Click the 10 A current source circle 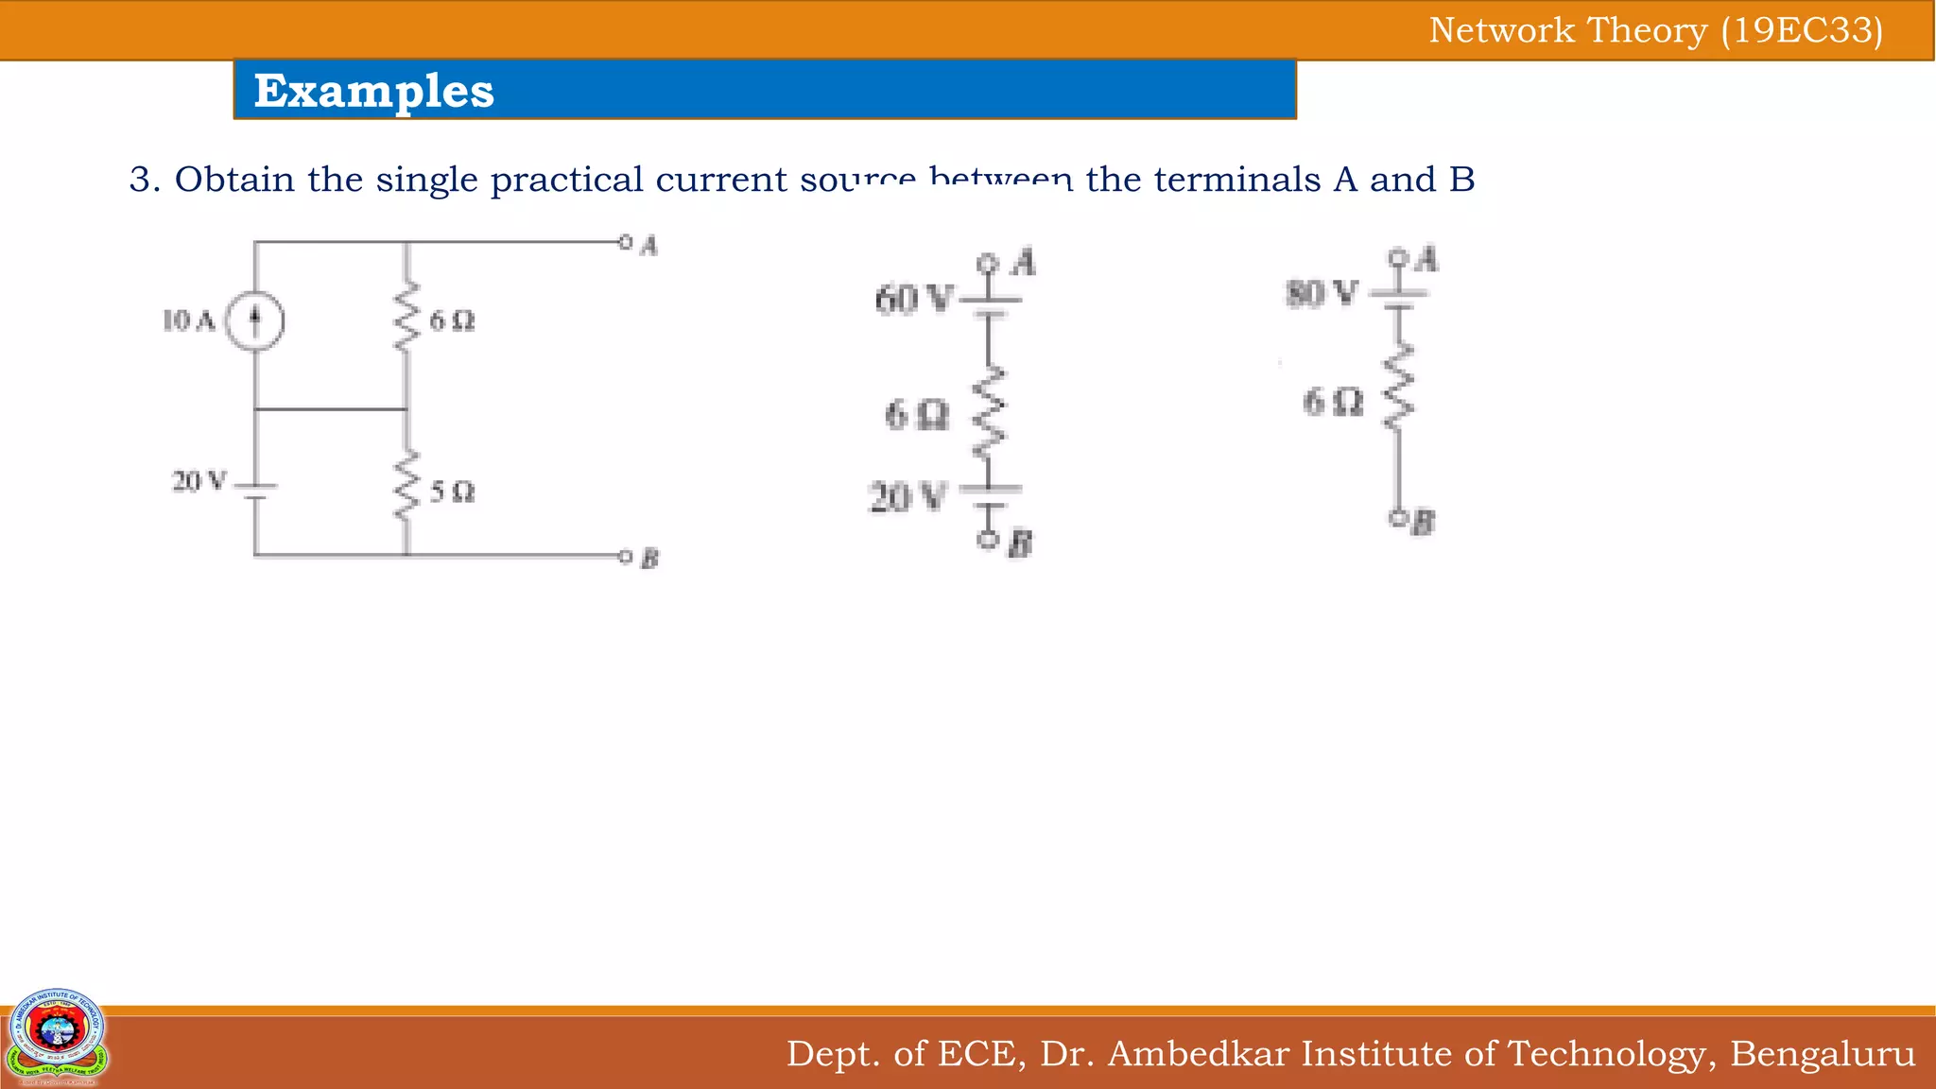pyautogui.click(x=254, y=321)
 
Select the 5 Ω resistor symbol pyautogui.click(x=406, y=486)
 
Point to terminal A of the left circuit pyautogui.click(x=625, y=242)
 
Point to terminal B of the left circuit pyautogui.click(x=625, y=556)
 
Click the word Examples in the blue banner pyautogui.click(x=374, y=91)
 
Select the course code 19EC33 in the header pyautogui.click(x=1802, y=30)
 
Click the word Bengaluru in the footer pyautogui.click(x=1823, y=1053)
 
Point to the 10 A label pyautogui.click(x=189, y=321)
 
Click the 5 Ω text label pyautogui.click(x=452, y=493)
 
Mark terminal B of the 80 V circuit pyautogui.click(x=1397, y=517)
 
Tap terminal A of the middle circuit pyautogui.click(x=988, y=262)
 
